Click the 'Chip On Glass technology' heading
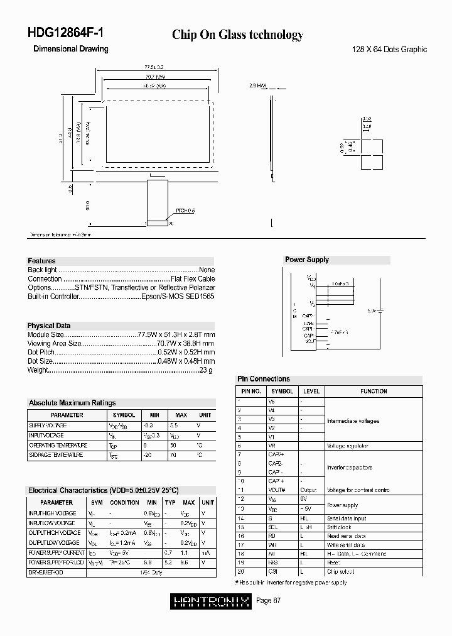click(x=237, y=35)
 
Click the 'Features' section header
click(x=41, y=261)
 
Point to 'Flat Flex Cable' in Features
click(x=192, y=278)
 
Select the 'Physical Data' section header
click(x=49, y=326)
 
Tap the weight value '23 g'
click(x=207, y=370)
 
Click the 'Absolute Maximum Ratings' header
click(x=72, y=403)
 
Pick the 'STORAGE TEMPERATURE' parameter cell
click(x=56, y=454)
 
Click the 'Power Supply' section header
click(x=307, y=260)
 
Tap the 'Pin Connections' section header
click(x=264, y=379)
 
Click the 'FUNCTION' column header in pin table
click(x=374, y=391)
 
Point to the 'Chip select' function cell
click(x=341, y=572)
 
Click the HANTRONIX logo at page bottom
click(x=210, y=601)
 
